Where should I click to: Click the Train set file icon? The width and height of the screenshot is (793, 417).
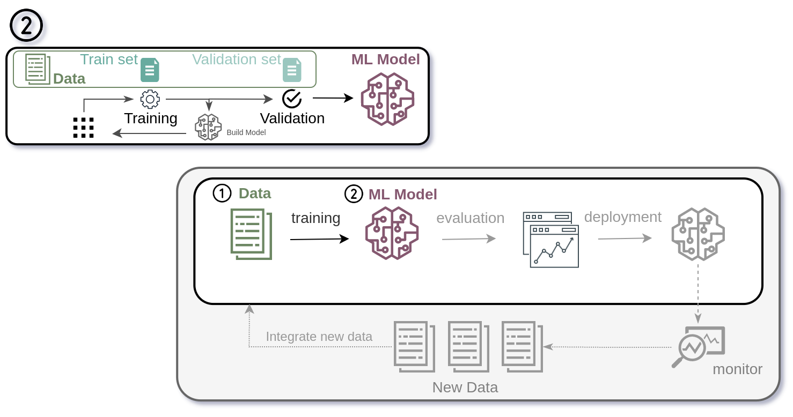150,70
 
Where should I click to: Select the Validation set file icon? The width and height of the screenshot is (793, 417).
292,70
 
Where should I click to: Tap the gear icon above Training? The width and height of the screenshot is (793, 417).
150,99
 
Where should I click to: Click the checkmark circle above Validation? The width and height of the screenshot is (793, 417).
292,99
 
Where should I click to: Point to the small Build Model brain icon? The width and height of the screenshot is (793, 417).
208,127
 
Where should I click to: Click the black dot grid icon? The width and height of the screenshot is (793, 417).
83,128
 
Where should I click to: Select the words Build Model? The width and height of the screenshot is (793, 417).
246,132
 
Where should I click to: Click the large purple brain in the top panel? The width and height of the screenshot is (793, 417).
387,99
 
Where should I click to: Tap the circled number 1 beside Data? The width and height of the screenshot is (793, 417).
222,193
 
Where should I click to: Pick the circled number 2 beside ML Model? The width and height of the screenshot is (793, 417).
354,194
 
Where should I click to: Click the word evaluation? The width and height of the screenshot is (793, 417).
470,218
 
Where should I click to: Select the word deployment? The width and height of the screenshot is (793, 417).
622,217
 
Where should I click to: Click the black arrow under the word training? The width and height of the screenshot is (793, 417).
319,239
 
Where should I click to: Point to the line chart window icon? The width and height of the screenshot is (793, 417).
551,240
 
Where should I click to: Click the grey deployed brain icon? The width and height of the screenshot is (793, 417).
698,234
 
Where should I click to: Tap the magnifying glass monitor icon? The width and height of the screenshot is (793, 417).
697,347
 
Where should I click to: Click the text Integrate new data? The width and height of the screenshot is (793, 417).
319,337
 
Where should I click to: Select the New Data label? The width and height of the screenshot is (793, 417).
465,388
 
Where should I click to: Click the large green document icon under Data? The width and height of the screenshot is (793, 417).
251,234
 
